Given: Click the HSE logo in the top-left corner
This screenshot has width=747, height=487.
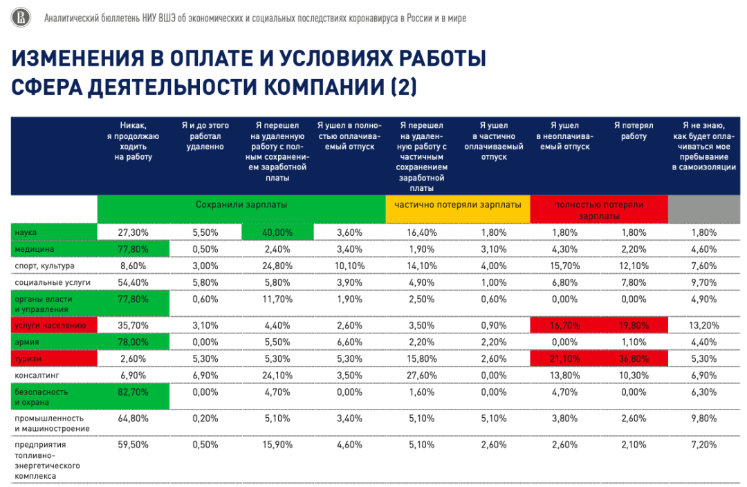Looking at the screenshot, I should [21, 18].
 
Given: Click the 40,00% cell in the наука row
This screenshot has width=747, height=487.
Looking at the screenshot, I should [278, 232].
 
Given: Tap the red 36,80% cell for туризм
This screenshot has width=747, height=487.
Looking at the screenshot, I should [634, 358].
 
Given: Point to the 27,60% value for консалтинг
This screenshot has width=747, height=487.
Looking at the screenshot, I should [421, 374].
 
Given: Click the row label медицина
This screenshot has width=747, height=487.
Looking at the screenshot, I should [34, 249].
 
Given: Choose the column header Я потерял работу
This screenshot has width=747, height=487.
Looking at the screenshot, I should [634, 131].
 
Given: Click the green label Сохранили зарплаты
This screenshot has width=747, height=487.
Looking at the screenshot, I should [241, 205].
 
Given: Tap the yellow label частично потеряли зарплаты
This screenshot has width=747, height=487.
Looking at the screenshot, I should [457, 205].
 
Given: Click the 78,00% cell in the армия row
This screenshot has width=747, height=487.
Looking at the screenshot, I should [133, 342].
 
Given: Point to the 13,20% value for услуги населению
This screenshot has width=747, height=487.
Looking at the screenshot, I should [704, 324].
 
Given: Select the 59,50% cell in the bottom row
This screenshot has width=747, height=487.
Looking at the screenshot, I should [133, 445].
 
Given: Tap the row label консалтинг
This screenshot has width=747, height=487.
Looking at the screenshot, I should [35, 374].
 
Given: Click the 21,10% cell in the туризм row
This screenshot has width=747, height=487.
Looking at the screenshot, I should [564, 358].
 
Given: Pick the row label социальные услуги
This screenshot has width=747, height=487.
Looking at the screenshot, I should [53, 282].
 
